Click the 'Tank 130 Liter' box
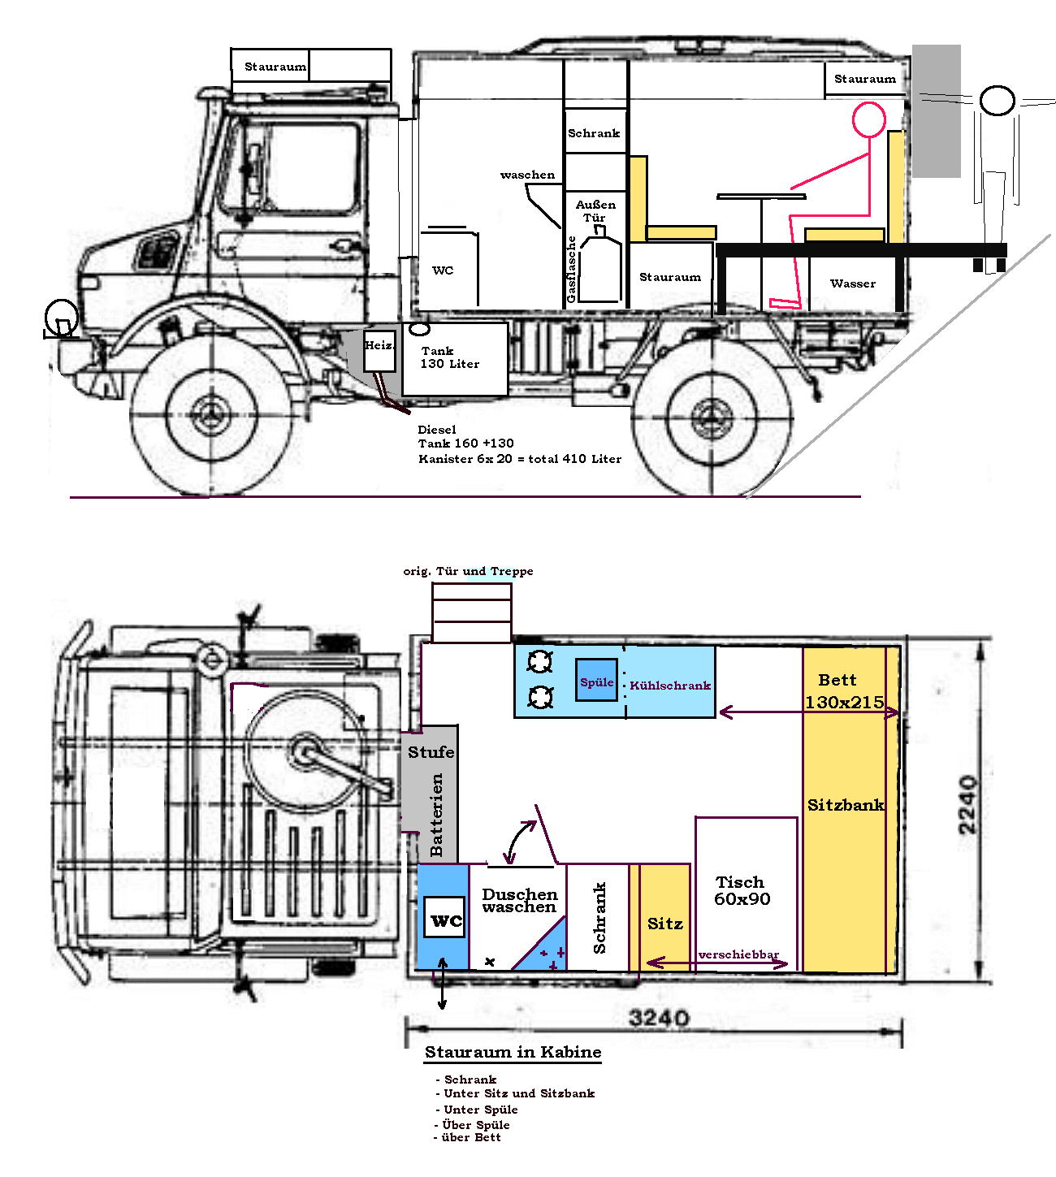455,359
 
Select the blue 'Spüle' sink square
596,680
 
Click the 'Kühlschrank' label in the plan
669,686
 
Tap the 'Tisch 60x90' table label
741,890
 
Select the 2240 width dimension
967,805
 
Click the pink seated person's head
868,119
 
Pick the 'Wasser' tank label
853,283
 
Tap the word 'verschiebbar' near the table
738,954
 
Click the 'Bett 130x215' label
844,691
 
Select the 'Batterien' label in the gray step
437,815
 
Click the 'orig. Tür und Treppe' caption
468,571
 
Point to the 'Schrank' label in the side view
594,133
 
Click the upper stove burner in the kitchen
540,662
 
